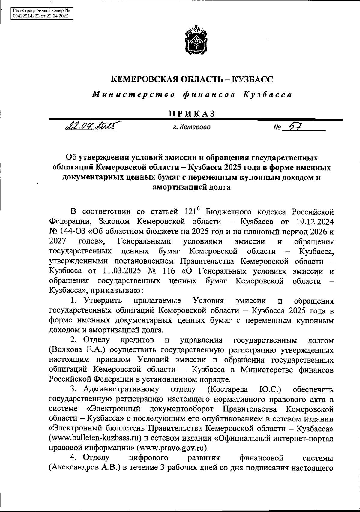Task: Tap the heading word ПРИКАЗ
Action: click(192, 114)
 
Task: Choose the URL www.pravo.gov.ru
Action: click(173, 448)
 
